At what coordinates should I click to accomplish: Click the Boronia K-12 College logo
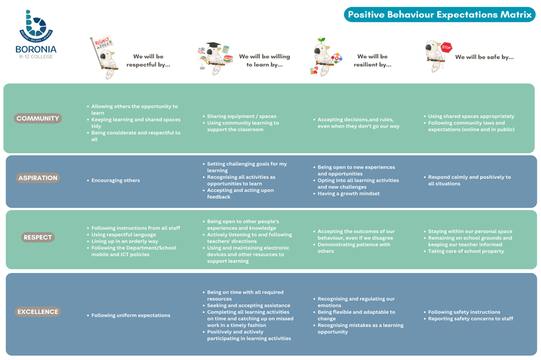click(x=36, y=34)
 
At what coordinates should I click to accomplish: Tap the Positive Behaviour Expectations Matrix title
click(x=440, y=14)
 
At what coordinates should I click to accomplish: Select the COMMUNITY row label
click(x=38, y=118)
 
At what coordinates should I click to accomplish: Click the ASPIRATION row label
click(x=38, y=178)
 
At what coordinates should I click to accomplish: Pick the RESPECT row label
click(x=38, y=237)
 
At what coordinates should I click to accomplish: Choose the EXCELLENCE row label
click(x=38, y=311)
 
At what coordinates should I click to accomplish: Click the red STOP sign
click(x=446, y=47)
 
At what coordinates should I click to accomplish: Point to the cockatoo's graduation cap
click(x=214, y=46)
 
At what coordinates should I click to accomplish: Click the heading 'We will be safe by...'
click(x=484, y=57)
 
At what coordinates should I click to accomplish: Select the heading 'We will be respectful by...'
click(x=149, y=60)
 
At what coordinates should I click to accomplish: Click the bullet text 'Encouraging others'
click(x=115, y=180)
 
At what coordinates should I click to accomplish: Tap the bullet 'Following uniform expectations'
click(x=131, y=315)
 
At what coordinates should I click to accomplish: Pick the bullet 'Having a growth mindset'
click(x=349, y=194)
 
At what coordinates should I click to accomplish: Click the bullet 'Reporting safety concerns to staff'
click(x=471, y=319)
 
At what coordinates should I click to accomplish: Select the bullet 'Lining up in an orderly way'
click(x=124, y=241)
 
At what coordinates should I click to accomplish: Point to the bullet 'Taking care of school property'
click(x=466, y=251)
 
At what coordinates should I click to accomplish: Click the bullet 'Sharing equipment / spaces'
click(x=241, y=116)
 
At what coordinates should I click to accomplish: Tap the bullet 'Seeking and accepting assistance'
click(x=249, y=306)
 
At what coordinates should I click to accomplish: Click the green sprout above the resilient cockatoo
click(x=321, y=40)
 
